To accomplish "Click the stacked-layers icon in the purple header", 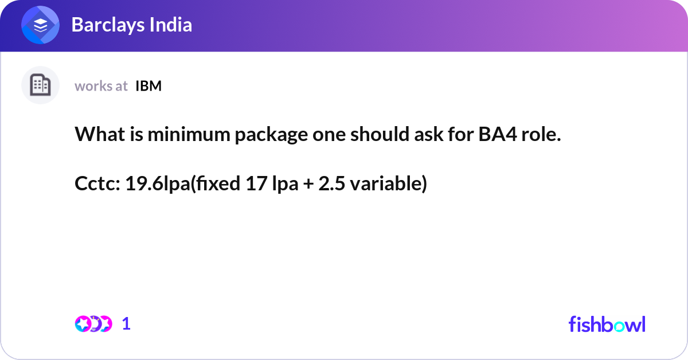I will pos(41,26).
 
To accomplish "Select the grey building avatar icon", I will pos(40,85).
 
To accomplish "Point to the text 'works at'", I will pos(101,86).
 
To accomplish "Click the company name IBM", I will pos(148,86).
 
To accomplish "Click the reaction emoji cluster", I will pos(93,324).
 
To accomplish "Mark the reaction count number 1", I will pos(126,324).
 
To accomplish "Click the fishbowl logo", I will pos(607,324).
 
